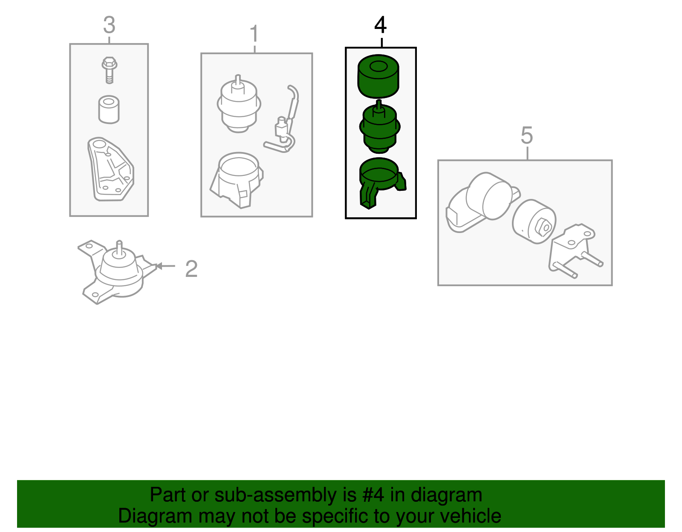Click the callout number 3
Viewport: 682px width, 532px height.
(x=109, y=25)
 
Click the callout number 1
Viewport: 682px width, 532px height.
(x=254, y=33)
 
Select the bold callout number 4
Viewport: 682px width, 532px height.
(x=380, y=25)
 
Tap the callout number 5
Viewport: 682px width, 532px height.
(x=527, y=135)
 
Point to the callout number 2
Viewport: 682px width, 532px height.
(x=191, y=269)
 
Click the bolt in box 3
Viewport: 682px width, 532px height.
(x=109, y=70)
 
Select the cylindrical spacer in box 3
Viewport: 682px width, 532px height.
(x=109, y=109)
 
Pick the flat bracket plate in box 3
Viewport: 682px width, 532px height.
(x=110, y=169)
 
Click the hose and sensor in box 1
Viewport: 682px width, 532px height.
(x=281, y=119)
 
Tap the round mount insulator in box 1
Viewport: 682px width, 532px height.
(x=239, y=104)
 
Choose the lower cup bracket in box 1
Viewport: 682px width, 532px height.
(x=237, y=180)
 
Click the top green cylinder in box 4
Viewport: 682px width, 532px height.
(x=378, y=76)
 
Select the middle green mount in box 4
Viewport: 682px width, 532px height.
(x=380, y=127)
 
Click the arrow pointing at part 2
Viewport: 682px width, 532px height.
(x=165, y=266)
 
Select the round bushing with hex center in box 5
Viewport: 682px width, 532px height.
(x=534, y=221)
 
